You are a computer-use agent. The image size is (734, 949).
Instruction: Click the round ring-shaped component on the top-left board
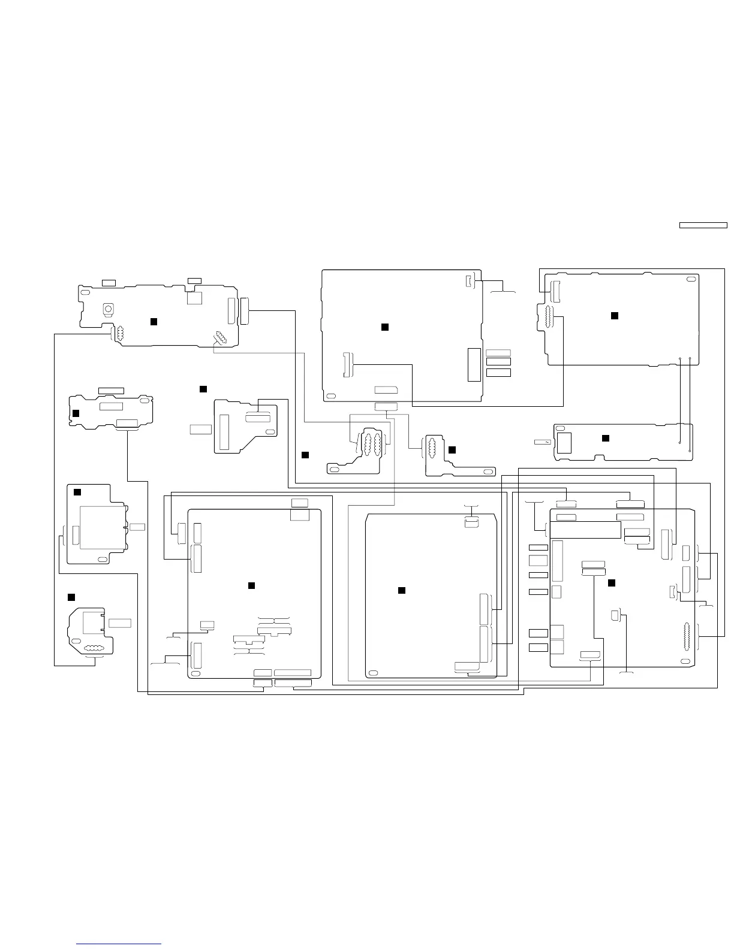pyautogui.click(x=109, y=309)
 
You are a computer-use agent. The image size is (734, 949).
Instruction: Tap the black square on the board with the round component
pyautogui.click(x=154, y=322)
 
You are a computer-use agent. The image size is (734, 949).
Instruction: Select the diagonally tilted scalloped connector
pyautogui.click(x=219, y=339)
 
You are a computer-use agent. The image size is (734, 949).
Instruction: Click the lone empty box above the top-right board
pyautogui.click(x=703, y=225)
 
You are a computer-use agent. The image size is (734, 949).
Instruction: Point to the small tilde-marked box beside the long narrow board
pyautogui.click(x=543, y=442)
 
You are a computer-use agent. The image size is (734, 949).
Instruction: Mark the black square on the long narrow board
pyautogui.click(x=606, y=439)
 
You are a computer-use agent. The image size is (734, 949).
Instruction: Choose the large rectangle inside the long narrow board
pyautogui.click(x=564, y=443)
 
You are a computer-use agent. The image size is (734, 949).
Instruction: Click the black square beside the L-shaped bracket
pyautogui.click(x=452, y=449)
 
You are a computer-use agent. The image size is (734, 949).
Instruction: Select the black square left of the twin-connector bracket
pyautogui.click(x=305, y=455)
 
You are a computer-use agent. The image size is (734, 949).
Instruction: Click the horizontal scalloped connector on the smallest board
pyautogui.click(x=92, y=648)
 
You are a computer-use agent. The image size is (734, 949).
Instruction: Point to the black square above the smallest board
pyautogui.click(x=71, y=597)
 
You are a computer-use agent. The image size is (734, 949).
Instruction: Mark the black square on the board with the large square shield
pyautogui.click(x=77, y=492)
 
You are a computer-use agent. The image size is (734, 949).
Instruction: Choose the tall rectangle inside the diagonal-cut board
pyautogui.click(x=225, y=431)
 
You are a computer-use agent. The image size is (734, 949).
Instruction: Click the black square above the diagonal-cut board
pyautogui.click(x=203, y=389)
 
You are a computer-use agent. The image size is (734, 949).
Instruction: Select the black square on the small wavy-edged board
pyautogui.click(x=76, y=413)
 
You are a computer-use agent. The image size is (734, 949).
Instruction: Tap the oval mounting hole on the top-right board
pyautogui.click(x=691, y=279)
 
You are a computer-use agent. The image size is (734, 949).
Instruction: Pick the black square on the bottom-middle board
pyautogui.click(x=402, y=591)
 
